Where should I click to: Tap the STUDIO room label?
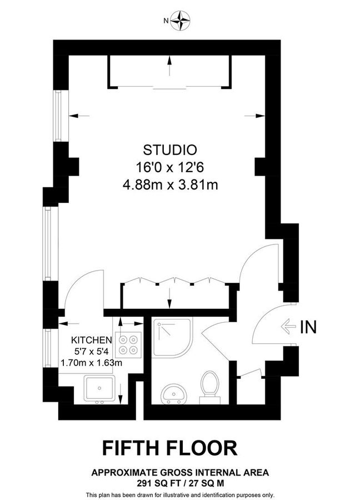click(x=170, y=149)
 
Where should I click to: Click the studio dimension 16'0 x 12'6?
click(x=170, y=167)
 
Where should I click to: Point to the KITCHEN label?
click(x=92, y=340)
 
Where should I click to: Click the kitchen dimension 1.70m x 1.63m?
click(x=91, y=363)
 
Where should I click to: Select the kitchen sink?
click(x=100, y=388)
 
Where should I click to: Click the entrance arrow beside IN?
click(x=289, y=327)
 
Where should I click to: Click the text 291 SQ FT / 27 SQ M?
click(x=180, y=483)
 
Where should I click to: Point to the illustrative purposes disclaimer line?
click(x=180, y=494)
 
